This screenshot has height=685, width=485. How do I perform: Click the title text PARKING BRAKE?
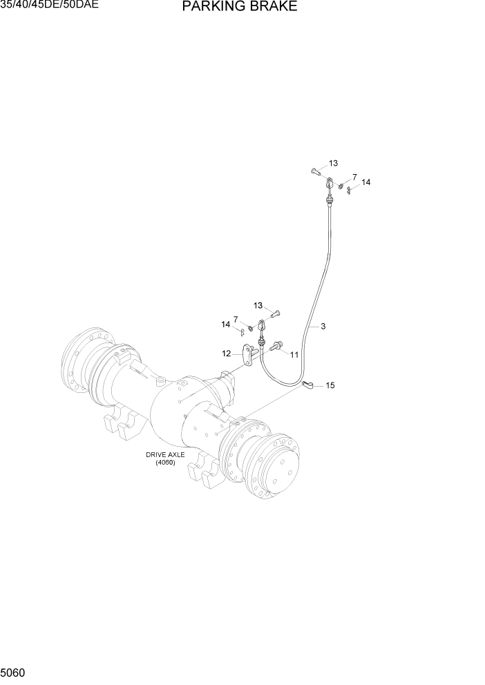coord(240,8)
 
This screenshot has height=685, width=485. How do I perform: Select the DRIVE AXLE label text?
coord(161,454)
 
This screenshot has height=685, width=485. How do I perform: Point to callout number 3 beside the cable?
coord(323,327)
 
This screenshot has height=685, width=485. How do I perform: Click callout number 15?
coord(330,385)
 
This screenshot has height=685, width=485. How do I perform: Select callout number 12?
coord(226,354)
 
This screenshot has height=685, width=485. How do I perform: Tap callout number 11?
coord(294,354)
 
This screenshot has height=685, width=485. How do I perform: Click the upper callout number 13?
coord(333,164)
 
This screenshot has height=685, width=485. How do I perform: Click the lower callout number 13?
coord(258,305)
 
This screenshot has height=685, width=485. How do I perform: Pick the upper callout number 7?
coord(354,177)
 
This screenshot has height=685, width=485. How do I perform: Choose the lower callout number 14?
coord(225,324)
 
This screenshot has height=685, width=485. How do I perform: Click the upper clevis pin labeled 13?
coord(315,170)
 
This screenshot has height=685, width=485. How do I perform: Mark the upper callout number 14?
coord(366,182)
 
